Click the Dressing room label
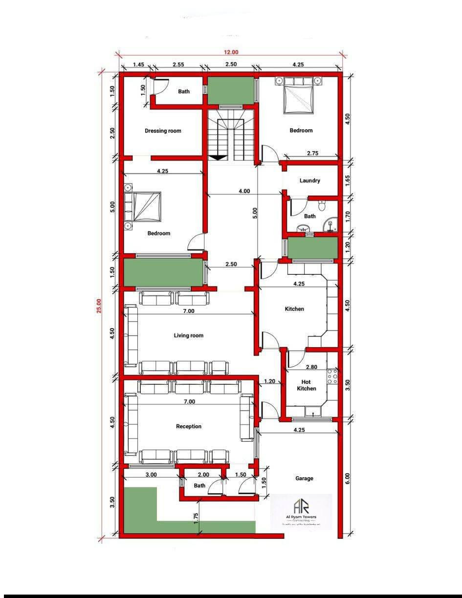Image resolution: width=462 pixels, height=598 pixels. point(163,131)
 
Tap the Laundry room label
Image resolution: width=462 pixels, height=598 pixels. point(310,180)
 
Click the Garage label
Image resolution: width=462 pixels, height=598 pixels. point(304,478)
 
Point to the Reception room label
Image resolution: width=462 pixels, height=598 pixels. point(189,426)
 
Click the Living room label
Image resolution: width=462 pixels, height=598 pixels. point(189,335)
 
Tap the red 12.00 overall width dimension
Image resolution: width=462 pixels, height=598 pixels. point(231,52)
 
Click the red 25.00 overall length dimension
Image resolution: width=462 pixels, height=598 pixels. point(99,306)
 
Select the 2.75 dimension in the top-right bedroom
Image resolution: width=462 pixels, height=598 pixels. point(312,154)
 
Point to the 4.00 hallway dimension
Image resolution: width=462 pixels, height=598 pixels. point(244,191)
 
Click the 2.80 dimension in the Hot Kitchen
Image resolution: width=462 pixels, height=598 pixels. point(311,367)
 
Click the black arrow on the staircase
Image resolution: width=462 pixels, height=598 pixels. point(218,157)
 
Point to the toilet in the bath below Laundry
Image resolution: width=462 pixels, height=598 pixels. point(321,203)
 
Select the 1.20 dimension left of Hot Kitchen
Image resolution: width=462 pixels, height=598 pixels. point(269,381)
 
